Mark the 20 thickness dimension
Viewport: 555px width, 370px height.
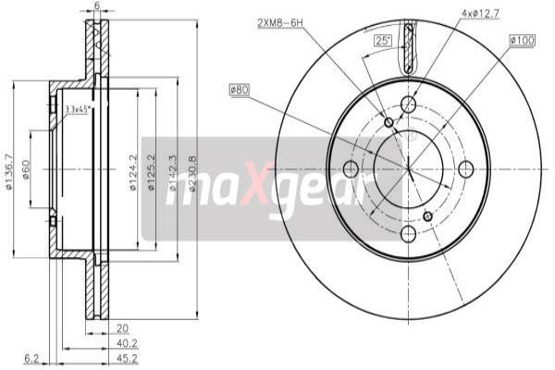122,327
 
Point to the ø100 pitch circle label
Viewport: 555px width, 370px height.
521,42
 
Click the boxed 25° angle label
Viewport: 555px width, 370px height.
382,41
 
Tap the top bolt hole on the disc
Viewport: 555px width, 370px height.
408,105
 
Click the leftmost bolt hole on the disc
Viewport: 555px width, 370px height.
351,168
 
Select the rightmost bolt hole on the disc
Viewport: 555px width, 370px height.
466,168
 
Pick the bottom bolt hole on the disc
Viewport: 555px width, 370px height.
408,233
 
